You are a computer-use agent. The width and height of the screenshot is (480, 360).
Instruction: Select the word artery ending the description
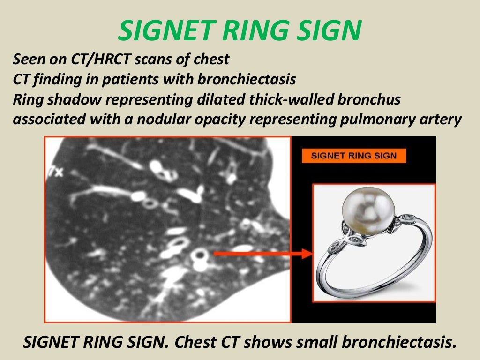(x=438, y=119)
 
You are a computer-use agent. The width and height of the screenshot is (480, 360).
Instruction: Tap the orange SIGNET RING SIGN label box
(x=354, y=156)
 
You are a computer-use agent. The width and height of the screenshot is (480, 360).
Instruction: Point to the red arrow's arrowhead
(x=307, y=254)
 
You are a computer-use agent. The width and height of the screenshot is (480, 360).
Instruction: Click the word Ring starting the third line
(x=27, y=99)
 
